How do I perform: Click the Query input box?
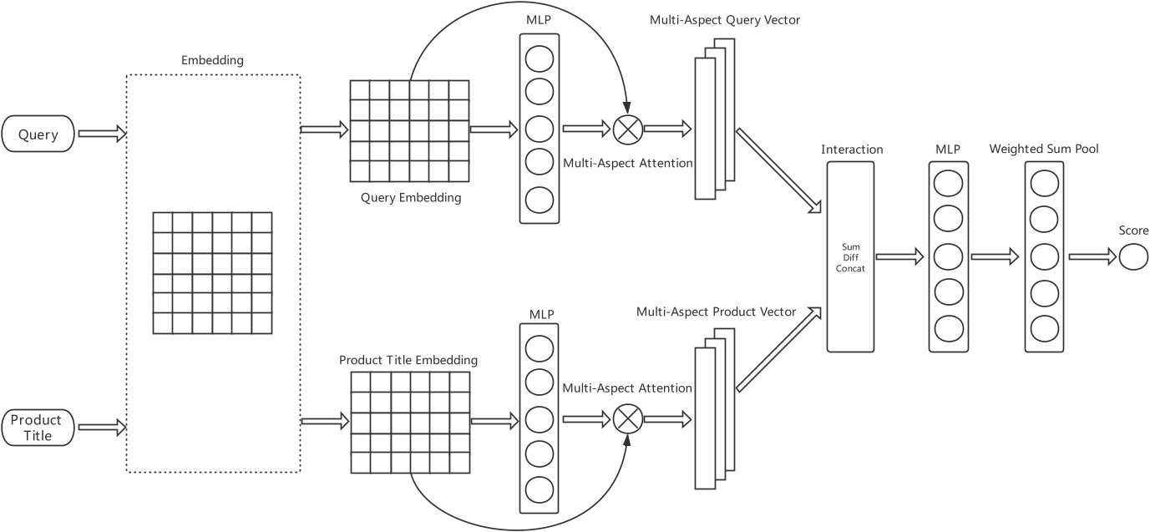tap(38, 134)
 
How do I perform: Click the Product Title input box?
tap(38, 428)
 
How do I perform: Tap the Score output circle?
tap(1133, 257)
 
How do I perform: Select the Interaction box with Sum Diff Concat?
tap(850, 256)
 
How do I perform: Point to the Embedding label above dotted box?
tap(212, 61)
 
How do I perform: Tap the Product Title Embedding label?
tap(408, 360)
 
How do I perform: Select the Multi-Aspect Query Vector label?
tap(725, 19)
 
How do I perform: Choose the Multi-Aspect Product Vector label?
tap(715, 312)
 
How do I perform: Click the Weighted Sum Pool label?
tap(1044, 149)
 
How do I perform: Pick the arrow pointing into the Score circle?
tap(1092, 257)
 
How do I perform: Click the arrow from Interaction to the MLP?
tap(899, 257)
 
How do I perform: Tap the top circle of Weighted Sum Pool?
tap(1044, 183)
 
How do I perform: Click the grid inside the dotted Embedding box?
tap(212, 272)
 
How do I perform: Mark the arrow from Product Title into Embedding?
tap(101, 428)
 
